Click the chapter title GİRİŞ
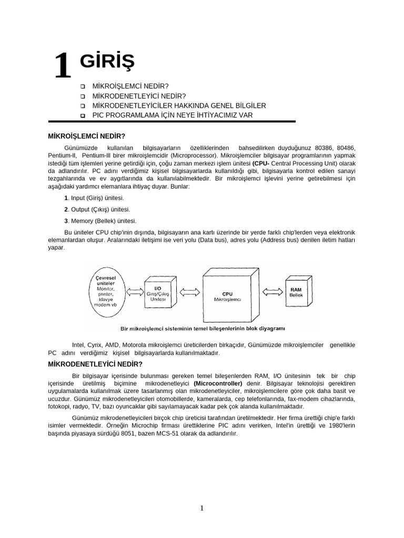pos(107,62)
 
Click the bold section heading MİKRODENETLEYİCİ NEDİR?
pos(95,364)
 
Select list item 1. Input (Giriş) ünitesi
pos(94,198)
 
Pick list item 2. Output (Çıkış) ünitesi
pos(97,210)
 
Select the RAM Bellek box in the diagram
pos(296,292)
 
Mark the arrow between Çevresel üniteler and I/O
pos(135,290)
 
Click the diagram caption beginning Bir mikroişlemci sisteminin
pos(203,329)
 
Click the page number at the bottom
pos(201,508)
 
